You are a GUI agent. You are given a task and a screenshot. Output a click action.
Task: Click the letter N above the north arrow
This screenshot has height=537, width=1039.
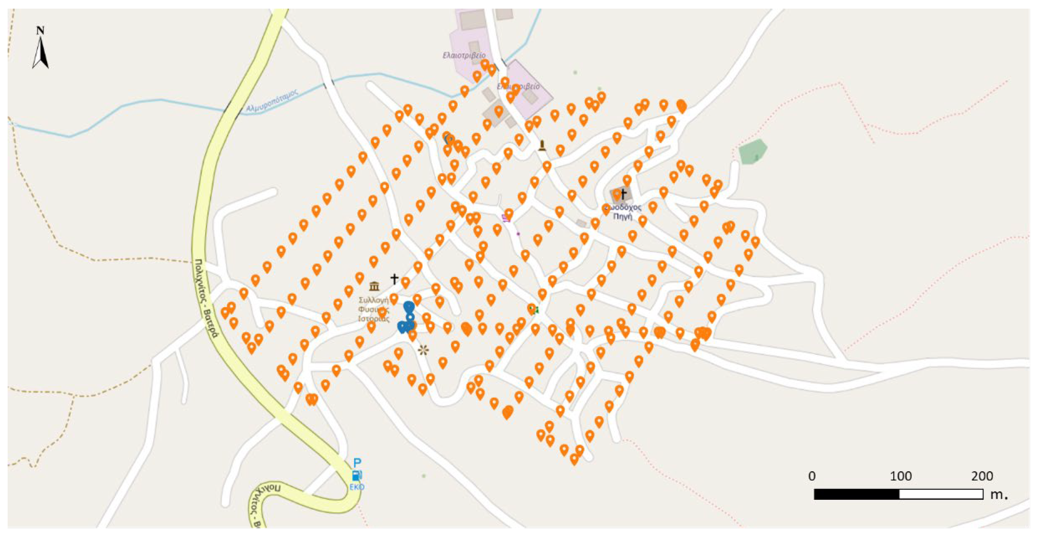tap(40, 31)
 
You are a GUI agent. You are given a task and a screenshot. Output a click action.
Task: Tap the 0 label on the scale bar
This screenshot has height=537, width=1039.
tap(812, 477)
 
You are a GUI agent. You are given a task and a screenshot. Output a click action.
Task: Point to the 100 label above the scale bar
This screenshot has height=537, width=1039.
tap(900, 477)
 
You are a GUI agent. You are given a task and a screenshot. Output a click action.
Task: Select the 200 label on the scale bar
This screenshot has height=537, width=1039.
tap(982, 477)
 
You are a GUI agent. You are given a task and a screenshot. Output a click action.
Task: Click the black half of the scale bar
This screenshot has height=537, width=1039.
tap(856, 494)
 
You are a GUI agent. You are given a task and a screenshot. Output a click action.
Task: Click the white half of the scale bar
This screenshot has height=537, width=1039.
tap(941, 494)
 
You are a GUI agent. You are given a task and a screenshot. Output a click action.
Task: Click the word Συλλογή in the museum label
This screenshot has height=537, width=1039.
tap(373, 300)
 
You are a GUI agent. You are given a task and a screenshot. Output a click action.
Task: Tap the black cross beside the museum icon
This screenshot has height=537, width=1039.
tap(394, 278)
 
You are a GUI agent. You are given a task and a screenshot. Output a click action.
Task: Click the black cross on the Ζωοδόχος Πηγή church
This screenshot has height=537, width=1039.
tap(623, 194)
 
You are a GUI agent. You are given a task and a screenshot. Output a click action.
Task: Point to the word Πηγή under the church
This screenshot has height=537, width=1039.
tap(622, 216)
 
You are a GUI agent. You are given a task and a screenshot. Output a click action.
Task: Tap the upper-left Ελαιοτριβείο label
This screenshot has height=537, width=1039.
tap(464, 55)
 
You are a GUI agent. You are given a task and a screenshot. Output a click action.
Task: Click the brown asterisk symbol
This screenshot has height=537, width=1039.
tap(423, 350)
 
